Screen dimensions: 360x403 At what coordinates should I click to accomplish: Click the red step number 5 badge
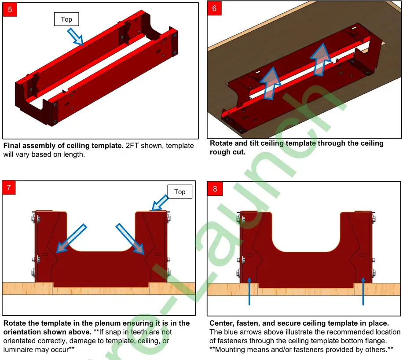10,10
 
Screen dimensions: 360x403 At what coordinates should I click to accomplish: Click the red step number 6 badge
214,8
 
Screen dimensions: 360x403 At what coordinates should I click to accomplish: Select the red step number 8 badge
215,189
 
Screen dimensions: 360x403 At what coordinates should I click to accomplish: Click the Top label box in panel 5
66,19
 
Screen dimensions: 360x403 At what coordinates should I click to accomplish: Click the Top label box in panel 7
180,192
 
